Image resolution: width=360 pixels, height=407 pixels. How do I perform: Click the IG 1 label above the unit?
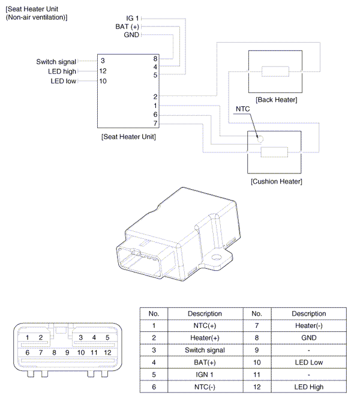coord(133,19)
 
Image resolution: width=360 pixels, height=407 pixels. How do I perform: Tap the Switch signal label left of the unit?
coord(56,62)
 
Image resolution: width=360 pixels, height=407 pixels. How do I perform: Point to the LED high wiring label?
coord(62,71)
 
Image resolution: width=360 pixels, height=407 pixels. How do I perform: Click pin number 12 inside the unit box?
coord(103,71)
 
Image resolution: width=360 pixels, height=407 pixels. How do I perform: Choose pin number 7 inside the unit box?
coord(155,124)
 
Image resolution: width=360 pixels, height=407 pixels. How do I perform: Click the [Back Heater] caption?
coord(276,100)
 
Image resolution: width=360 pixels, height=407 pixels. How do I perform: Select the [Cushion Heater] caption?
coord(276,181)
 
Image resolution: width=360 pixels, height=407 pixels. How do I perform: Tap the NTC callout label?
coord(242,109)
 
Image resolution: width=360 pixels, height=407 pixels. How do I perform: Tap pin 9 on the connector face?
coord(67,352)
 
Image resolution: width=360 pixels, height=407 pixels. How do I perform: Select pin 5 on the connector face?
coord(107,338)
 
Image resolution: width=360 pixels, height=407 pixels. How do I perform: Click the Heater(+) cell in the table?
coord(205,338)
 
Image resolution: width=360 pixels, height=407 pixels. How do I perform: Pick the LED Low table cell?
coord(308,363)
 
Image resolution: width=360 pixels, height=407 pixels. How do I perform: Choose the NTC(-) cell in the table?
coord(205,387)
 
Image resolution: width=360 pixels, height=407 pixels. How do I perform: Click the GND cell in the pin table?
coord(308,338)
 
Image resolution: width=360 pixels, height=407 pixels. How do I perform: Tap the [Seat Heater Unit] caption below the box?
coord(129,137)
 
